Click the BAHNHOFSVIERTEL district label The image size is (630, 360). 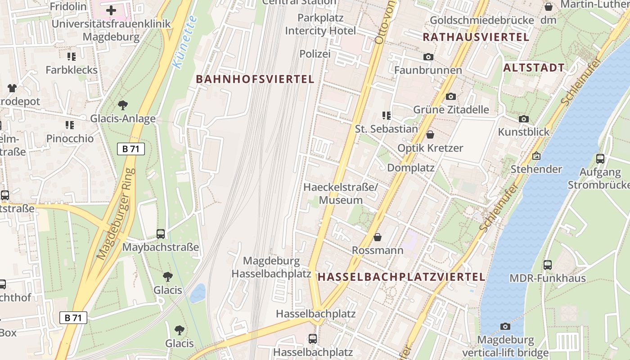(255, 79)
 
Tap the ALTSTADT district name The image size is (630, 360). (534, 68)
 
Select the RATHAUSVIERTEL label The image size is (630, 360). (476, 37)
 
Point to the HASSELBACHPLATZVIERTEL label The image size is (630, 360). (401, 277)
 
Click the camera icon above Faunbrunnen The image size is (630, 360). (428, 57)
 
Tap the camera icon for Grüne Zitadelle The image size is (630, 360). (450, 96)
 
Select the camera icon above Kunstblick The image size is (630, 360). (523, 119)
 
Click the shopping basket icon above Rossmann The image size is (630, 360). (378, 237)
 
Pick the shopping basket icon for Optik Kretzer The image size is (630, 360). (430, 135)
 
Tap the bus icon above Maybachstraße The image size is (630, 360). (161, 234)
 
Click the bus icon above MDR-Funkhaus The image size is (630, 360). (548, 265)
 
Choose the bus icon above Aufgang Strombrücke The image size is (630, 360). (600, 158)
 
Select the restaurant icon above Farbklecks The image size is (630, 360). (71, 57)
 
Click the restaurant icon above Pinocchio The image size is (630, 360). (69, 125)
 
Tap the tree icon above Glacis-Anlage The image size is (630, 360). (122, 105)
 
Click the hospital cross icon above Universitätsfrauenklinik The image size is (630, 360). (111, 10)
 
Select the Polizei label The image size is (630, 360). (315, 54)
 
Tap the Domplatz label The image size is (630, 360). (411, 168)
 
